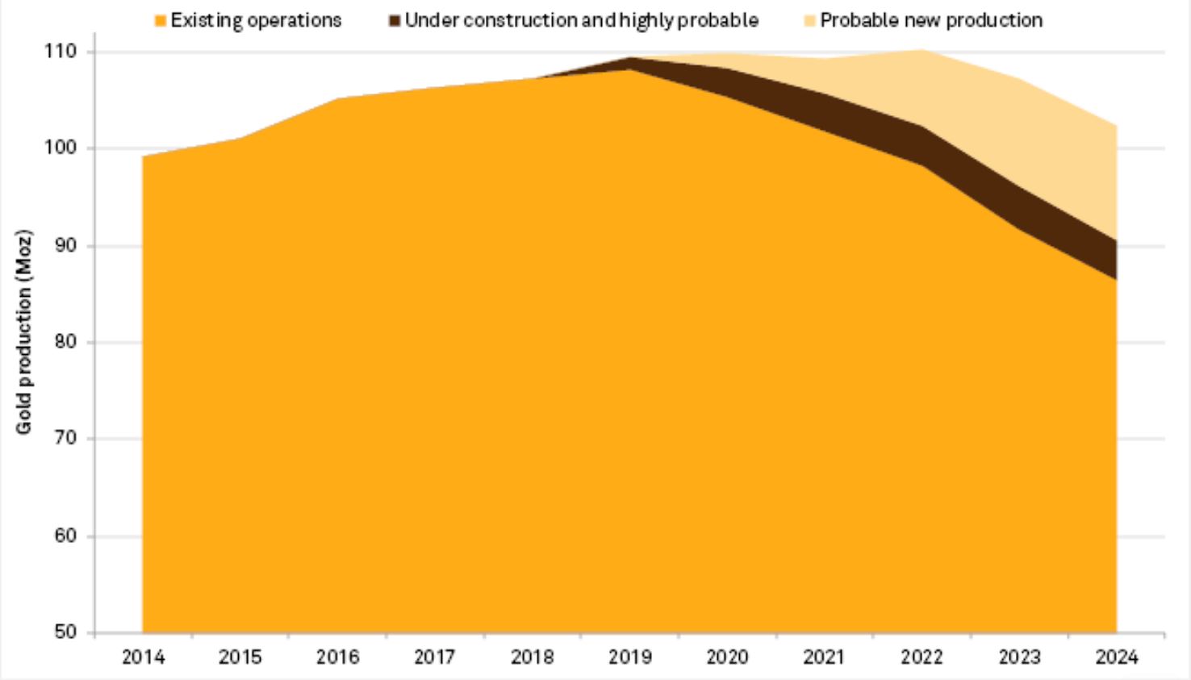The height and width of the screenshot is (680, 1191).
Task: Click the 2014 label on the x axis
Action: (143, 657)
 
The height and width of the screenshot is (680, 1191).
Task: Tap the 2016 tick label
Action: (337, 657)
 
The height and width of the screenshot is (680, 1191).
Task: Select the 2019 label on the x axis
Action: (629, 657)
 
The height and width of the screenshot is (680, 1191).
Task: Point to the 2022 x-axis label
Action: (921, 657)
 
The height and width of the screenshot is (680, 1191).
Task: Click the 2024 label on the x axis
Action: (1116, 657)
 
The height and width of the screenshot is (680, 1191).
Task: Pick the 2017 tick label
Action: (434, 657)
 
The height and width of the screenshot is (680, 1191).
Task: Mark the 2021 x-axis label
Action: (824, 657)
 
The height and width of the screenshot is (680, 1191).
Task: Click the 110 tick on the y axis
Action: (60, 52)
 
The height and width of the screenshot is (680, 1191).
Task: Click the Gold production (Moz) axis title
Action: (24, 332)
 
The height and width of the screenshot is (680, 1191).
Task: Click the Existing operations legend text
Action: (256, 20)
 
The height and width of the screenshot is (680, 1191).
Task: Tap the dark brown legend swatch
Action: (395, 20)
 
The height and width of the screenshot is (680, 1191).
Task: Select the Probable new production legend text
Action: (931, 20)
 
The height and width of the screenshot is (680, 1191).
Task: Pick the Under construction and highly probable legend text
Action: (581, 20)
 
